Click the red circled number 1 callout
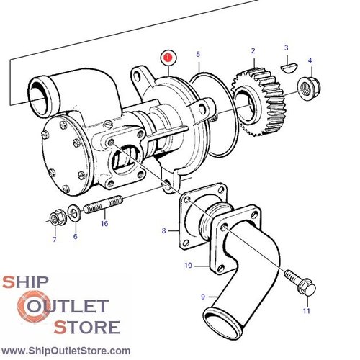click(167, 55)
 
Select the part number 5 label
click(198, 54)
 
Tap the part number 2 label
click(253, 50)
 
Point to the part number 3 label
click(286, 48)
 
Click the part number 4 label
click(310, 60)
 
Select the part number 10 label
click(188, 265)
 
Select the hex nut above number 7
click(56, 217)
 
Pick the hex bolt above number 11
click(299, 283)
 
